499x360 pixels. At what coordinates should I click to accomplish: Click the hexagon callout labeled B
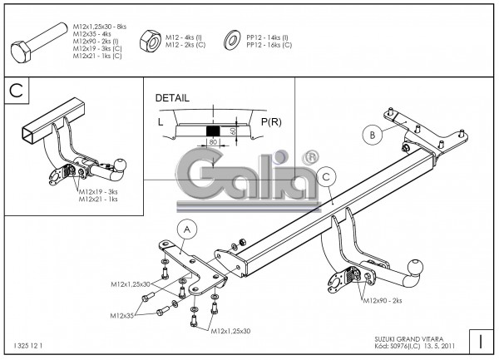click(x=372, y=133)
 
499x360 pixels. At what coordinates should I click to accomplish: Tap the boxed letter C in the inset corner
click(x=16, y=90)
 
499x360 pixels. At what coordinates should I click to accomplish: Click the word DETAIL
click(x=173, y=97)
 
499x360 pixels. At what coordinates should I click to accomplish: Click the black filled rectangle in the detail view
click(x=213, y=131)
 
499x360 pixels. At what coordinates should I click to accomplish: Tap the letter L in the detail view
click(x=161, y=122)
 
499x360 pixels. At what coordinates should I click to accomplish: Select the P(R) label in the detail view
click(x=271, y=122)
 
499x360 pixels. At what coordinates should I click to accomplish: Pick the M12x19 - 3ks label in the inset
click(x=98, y=192)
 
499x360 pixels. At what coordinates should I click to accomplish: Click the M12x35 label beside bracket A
click(x=123, y=315)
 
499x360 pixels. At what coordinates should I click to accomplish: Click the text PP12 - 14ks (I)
click(x=267, y=37)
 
